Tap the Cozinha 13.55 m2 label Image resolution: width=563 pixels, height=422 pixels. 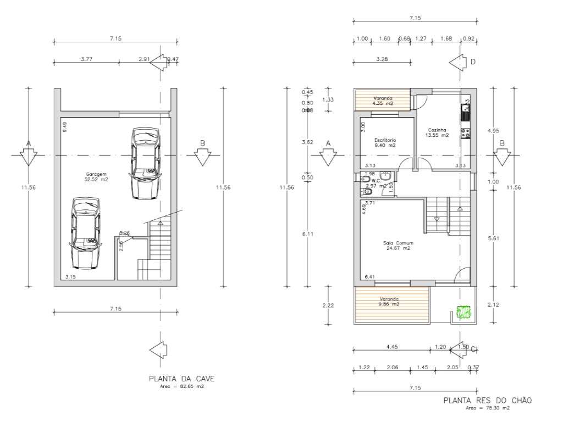[x=438, y=132]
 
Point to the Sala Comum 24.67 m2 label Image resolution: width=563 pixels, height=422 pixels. [x=399, y=245]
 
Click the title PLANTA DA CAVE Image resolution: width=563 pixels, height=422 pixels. [x=181, y=379]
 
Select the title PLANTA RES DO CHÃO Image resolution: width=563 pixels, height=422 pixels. [x=488, y=401]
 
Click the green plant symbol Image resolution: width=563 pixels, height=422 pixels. [x=465, y=312]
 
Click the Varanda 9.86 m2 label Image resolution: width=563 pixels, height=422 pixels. [x=388, y=301]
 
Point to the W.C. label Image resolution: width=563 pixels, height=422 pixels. [x=377, y=180]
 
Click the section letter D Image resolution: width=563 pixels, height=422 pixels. [x=472, y=62]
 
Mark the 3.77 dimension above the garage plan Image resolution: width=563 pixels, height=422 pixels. [x=86, y=59]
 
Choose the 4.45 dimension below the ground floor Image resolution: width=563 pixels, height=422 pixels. [x=391, y=347]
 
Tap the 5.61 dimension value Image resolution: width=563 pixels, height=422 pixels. [x=493, y=238]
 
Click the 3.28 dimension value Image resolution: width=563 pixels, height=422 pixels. [x=381, y=59]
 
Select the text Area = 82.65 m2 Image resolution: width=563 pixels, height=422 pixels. [x=182, y=387]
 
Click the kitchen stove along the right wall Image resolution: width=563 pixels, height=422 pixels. [x=465, y=132]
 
